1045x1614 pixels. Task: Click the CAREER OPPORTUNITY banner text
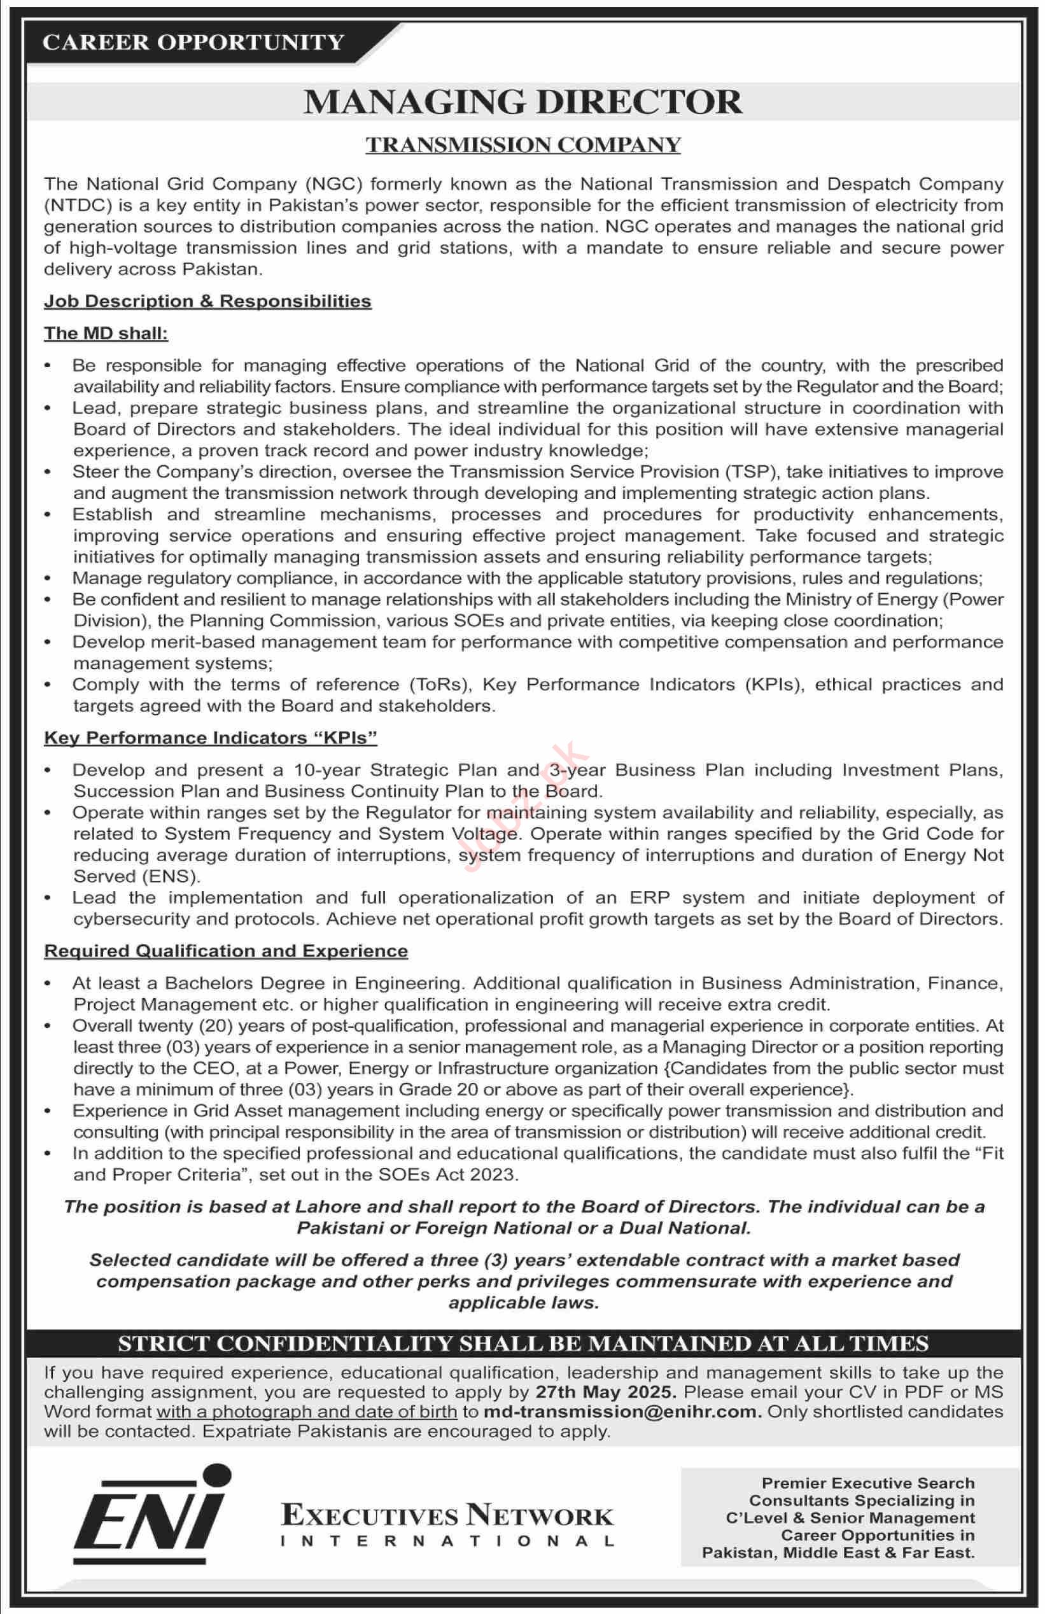193,43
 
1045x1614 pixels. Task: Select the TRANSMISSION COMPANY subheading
523,144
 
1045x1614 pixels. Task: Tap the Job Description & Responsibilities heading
207,301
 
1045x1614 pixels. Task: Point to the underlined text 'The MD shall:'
106,333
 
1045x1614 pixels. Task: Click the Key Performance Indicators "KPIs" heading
210,738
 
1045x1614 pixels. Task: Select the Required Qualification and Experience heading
226,951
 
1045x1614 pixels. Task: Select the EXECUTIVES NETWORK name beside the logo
447,1515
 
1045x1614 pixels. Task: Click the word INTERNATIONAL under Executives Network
447,1541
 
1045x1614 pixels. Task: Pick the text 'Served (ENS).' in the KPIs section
136,876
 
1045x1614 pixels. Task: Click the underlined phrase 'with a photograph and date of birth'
307,1412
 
